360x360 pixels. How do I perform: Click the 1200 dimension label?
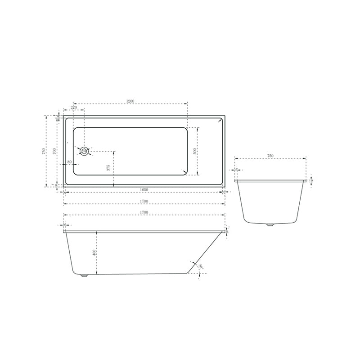point(130,101)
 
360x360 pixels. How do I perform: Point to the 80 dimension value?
point(70,162)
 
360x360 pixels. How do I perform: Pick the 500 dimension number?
point(195,151)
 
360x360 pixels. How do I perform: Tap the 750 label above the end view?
point(270,156)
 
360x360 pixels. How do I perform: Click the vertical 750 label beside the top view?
point(43,151)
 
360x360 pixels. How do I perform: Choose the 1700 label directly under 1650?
point(144,201)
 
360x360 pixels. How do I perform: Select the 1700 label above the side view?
point(144,212)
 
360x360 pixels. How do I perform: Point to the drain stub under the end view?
point(270,225)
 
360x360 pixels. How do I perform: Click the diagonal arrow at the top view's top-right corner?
point(219,120)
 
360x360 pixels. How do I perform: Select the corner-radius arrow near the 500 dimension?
point(185,171)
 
